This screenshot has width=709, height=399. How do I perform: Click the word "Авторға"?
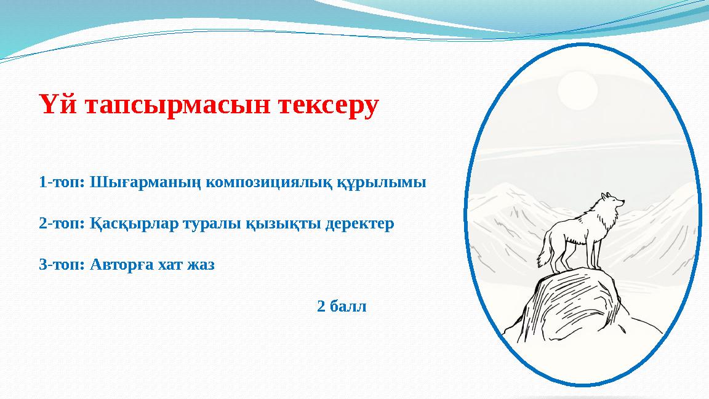(118, 265)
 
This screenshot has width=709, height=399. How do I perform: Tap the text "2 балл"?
(342, 306)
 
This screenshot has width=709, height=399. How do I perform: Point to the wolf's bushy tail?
(545, 252)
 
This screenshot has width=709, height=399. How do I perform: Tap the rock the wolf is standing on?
(572, 302)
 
